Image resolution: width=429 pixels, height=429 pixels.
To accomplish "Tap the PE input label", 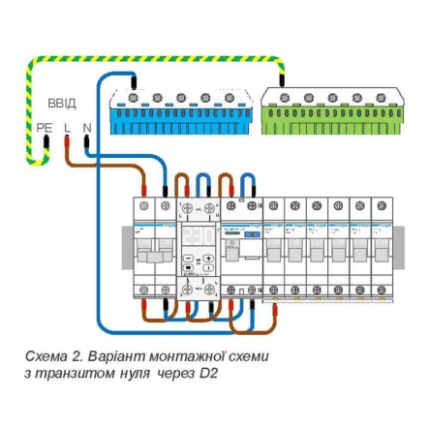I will pos(45,127).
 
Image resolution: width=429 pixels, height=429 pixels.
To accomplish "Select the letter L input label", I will pos(67,127).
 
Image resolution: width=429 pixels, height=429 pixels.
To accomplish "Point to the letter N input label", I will pos(86,127).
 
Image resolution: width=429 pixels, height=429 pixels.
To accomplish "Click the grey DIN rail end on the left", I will pos(126,248).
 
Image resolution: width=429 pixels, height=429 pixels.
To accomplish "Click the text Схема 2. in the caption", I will pos(49,355).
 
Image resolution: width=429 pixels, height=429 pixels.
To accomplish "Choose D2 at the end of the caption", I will pos(210,372).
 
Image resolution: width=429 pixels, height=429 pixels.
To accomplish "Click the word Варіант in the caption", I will pos(113,355).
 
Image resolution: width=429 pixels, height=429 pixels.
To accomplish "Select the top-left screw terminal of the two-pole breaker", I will pos(144,206).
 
